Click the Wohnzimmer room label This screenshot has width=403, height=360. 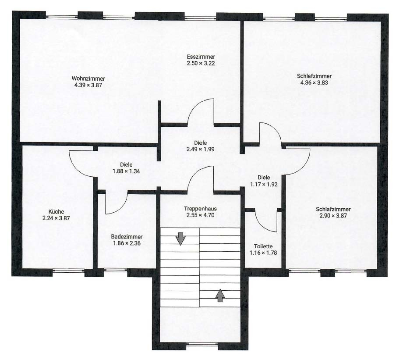[88, 78]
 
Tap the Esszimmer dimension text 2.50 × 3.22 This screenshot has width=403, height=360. [201, 63]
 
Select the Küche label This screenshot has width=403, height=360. [56, 211]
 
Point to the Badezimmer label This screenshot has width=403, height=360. [127, 236]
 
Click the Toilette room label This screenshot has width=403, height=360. [263, 246]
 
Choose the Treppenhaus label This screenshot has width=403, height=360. [200, 209]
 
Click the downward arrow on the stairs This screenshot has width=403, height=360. [180, 239]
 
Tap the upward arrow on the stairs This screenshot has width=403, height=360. [220, 296]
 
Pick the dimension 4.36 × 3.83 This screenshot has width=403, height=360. [314, 82]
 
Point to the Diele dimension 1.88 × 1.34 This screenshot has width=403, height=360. [126, 171]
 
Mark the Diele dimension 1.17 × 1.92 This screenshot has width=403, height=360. [264, 184]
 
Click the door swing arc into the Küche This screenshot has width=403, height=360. [77, 168]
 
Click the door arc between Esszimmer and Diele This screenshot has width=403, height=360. [195, 108]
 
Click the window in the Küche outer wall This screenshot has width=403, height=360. [69, 271]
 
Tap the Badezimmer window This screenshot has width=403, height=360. [116, 271]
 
